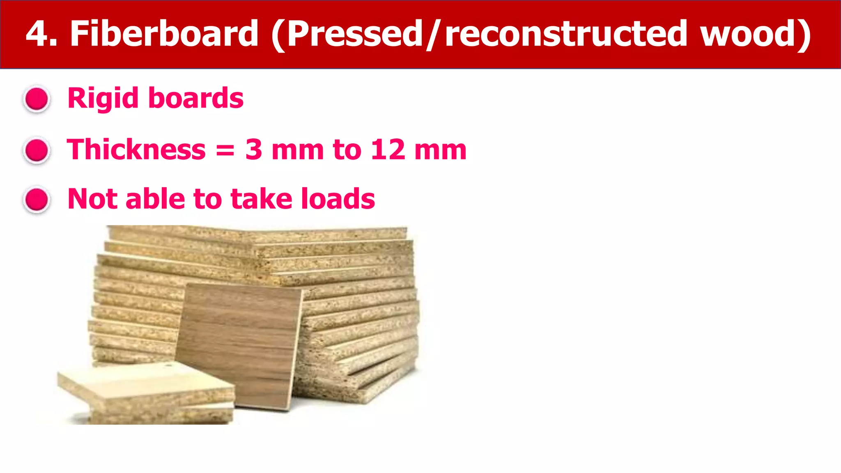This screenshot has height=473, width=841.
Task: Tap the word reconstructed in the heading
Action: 567,34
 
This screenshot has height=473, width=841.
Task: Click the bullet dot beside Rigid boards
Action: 37,99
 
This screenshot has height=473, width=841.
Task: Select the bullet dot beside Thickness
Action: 37,150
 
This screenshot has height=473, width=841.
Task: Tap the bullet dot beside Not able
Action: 37,200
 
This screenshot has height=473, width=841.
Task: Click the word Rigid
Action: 103,99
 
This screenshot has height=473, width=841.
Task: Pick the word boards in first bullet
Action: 196,99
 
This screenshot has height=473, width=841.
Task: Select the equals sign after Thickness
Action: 225,150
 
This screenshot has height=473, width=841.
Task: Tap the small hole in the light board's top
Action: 168,364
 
